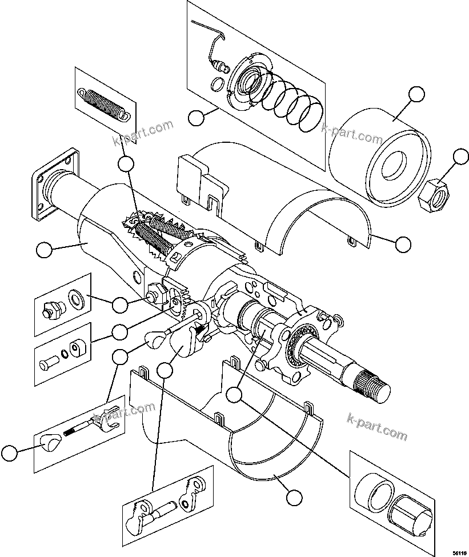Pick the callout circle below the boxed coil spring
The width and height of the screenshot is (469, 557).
(x=126, y=165)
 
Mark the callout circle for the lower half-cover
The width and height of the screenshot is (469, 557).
(x=294, y=497)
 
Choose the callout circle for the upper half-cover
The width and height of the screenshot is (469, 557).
(x=403, y=244)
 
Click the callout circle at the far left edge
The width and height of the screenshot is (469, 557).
(x=9, y=454)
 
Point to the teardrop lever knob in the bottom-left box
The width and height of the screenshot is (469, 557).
(x=50, y=441)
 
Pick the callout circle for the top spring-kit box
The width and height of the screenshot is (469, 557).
(x=197, y=118)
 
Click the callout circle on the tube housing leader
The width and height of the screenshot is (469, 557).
(x=43, y=250)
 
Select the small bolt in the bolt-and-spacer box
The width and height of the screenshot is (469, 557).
(x=46, y=360)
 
